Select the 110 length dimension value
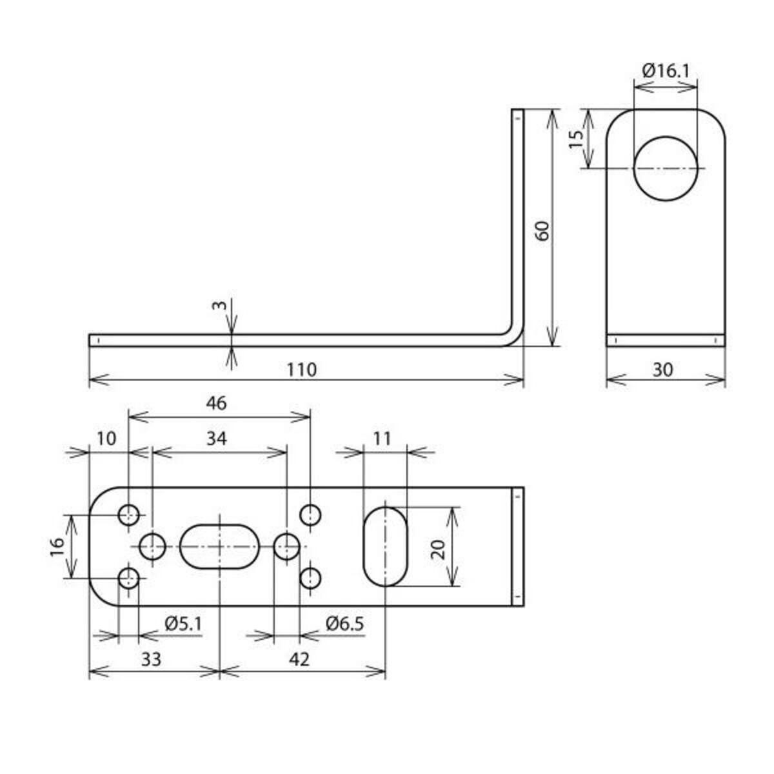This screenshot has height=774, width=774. [301, 370]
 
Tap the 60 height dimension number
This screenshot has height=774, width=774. [542, 230]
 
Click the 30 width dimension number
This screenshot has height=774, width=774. [662, 370]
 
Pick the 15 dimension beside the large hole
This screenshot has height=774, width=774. [577, 139]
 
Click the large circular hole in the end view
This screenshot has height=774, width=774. [665, 168]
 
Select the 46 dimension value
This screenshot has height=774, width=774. [217, 403]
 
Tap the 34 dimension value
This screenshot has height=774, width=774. [217, 438]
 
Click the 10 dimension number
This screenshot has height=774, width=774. [106, 438]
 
